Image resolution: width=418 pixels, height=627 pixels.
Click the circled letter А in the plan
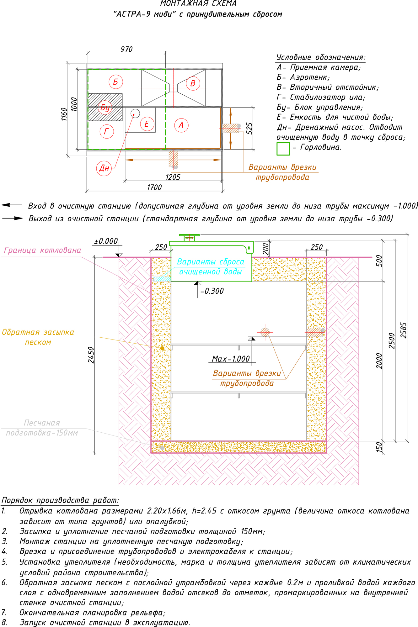(x=181, y=125)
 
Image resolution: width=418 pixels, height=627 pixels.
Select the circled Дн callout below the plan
(x=104, y=168)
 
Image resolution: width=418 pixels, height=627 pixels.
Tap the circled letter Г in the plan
(x=106, y=131)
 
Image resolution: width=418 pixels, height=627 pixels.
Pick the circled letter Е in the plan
(x=147, y=124)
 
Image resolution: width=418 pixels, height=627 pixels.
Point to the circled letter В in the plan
(x=193, y=83)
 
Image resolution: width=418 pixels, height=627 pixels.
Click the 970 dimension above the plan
(x=126, y=49)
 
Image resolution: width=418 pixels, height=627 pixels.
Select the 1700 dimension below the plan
(x=154, y=187)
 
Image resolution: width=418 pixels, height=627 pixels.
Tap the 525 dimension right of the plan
(x=249, y=129)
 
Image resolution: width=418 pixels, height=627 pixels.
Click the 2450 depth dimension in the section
(x=91, y=355)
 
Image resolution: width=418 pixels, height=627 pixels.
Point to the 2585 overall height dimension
(x=404, y=330)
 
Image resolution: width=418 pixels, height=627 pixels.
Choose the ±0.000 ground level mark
(x=106, y=241)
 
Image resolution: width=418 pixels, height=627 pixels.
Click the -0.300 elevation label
(x=212, y=291)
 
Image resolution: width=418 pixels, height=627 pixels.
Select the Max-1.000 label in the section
(x=231, y=359)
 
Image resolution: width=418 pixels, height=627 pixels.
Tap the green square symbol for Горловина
(x=283, y=149)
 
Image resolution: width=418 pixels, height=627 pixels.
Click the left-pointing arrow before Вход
(x=12, y=205)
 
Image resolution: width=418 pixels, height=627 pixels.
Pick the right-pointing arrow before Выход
(x=13, y=218)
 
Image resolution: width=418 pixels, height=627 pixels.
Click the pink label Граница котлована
(x=42, y=250)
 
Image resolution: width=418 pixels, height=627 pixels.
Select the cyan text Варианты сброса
(x=211, y=262)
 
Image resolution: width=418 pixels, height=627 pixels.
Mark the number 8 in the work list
(x=4, y=622)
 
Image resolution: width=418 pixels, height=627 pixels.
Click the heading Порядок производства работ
(x=60, y=500)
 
